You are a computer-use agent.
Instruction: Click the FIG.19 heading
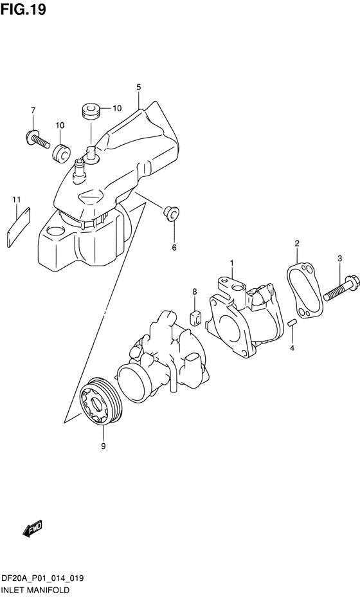pos(23,9)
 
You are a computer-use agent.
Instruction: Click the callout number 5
pos(138,87)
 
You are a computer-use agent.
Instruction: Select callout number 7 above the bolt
pos(33,111)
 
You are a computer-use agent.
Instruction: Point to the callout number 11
pos(16,199)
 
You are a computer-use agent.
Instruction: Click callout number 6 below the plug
pos(174,248)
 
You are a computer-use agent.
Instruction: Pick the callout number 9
pos(103,446)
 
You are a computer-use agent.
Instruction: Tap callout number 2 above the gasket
pos(297,243)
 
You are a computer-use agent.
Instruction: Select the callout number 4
pos(292,347)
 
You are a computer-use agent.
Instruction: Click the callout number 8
pos(194,292)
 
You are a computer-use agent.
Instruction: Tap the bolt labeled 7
pos(38,140)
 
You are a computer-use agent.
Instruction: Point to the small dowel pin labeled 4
pos(292,322)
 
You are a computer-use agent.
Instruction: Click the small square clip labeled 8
pos(195,318)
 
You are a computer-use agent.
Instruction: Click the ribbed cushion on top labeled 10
pos(91,109)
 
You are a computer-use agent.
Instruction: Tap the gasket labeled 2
pos(305,292)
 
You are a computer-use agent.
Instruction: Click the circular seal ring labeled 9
pos(100,403)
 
